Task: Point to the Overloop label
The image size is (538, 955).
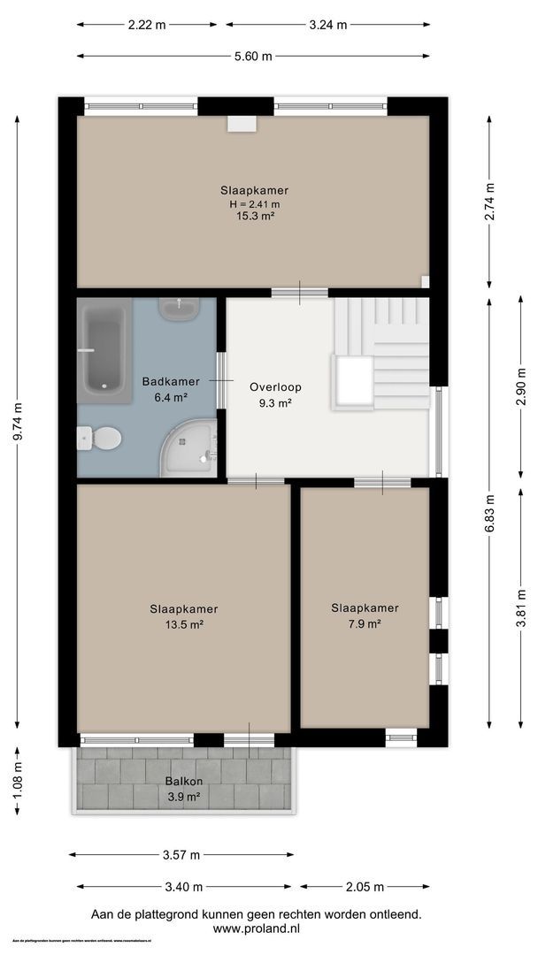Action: (x=276, y=387)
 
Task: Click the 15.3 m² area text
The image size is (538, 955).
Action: (x=254, y=216)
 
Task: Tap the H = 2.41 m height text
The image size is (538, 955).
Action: (x=254, y=203)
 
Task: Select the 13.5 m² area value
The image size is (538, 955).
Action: (x=184, y=624)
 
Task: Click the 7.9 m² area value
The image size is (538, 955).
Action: (x=365, y=623)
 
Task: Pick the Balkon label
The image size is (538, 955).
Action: (x=183, y=782)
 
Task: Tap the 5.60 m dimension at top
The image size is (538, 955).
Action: (x=253, y=57)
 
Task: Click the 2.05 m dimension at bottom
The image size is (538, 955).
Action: (x=365, y=887)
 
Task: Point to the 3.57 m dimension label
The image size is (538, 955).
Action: (x=181, y=855)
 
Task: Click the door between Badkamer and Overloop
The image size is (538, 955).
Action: (x=220, y=380)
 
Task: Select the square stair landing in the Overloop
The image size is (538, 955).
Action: (x=352, y=381)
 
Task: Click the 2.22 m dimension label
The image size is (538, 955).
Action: (x=147, y=25)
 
